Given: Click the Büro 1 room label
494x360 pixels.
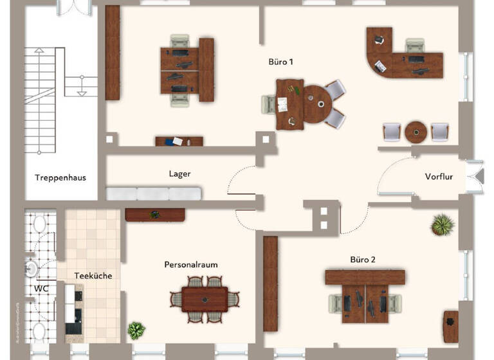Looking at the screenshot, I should (x=281, y=62).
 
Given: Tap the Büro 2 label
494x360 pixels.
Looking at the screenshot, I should (x=363, y=260).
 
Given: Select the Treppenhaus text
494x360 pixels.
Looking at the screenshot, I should (x=60, y=177).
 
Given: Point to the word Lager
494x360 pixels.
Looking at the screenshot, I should (x=179, y=174).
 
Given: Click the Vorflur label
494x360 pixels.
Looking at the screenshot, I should (x=439, y=177).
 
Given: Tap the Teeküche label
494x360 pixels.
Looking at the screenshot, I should (x=93, y=276).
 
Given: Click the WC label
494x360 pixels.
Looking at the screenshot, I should (x=42, y=288).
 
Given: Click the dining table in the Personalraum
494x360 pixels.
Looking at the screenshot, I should (x=205, y=299).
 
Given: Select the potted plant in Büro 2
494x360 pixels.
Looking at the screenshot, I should (x=443, y=224).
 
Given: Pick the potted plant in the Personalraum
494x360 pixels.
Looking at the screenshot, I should (x=136, y=330).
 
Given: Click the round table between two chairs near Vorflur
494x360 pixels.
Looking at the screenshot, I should (x=416, y=132).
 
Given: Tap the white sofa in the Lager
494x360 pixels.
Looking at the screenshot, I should (x=154, y=194).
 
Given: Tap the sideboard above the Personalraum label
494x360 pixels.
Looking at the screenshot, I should (x=155, y=215).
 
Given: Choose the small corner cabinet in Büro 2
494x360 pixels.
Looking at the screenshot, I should (x=451, y=320).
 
